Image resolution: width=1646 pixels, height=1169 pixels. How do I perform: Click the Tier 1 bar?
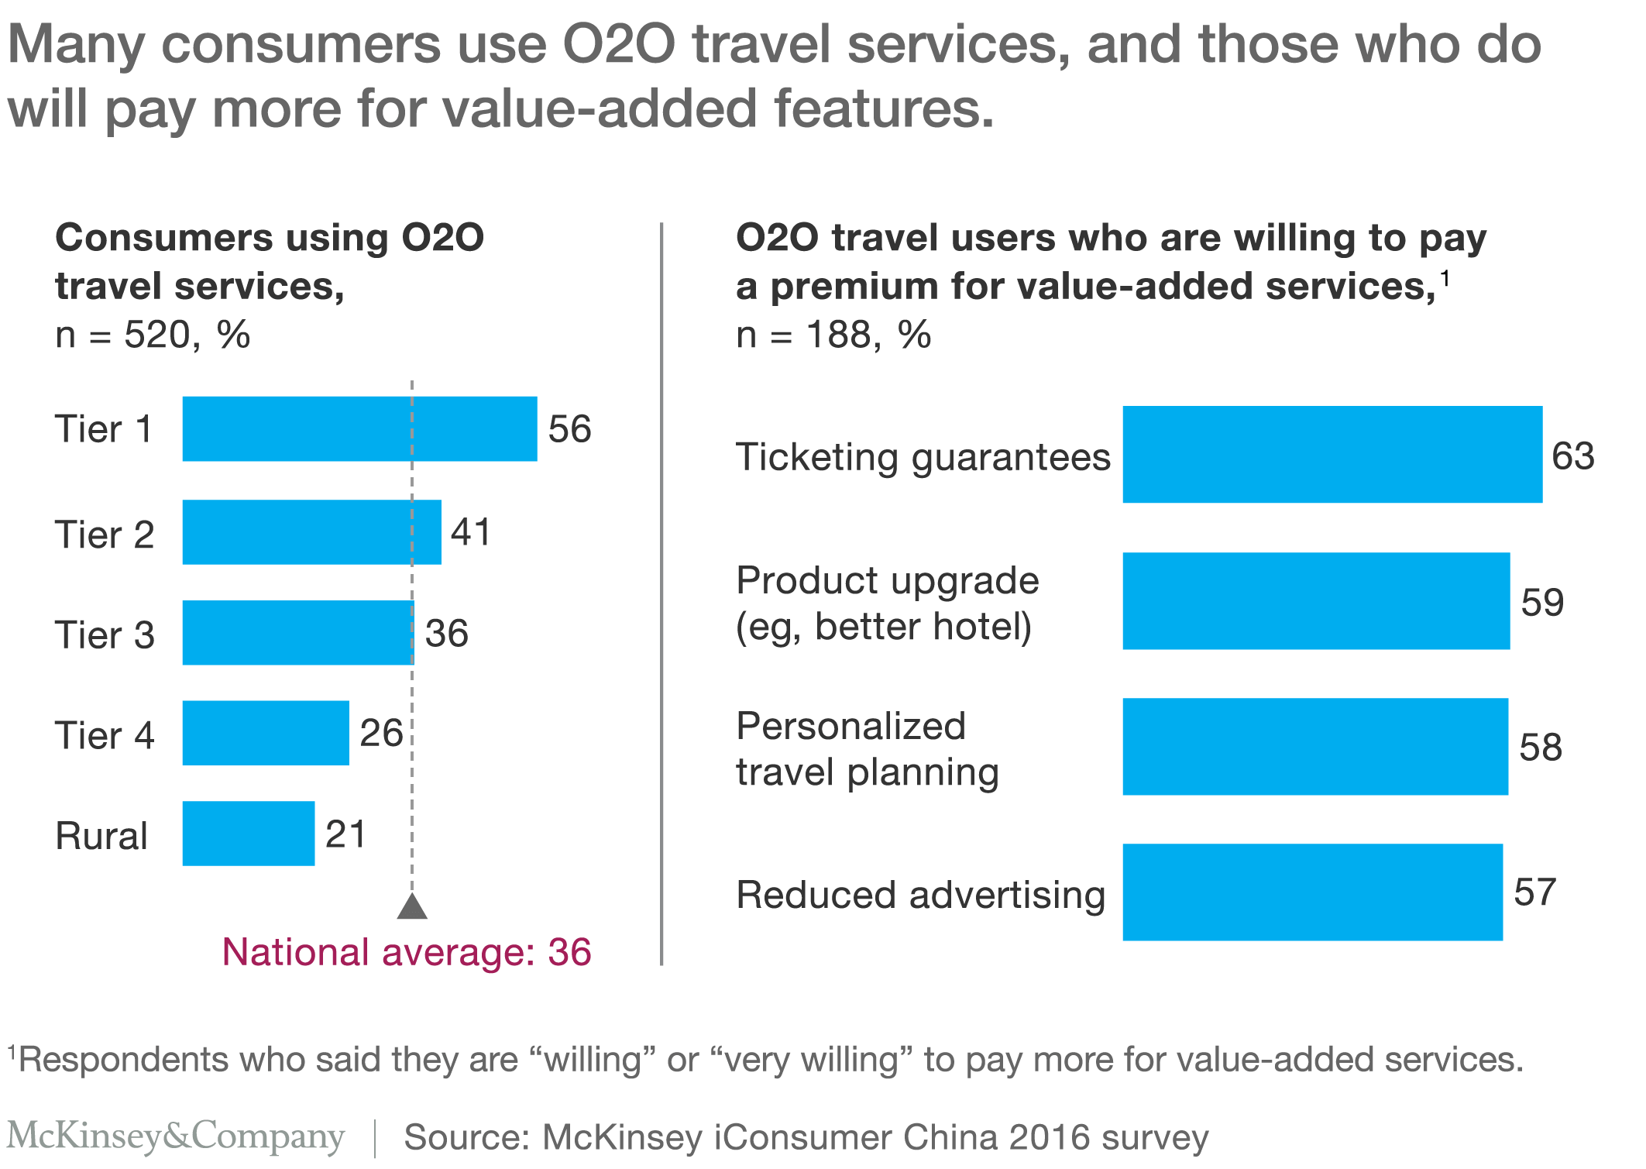pos(359,428)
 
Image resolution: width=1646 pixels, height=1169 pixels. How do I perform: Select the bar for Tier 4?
pos(266,733)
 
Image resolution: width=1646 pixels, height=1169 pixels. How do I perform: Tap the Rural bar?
pos(249,834)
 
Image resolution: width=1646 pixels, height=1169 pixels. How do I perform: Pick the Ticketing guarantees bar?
pos(1332,454)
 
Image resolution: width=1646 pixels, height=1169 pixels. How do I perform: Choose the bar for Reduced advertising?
pos(1312,892)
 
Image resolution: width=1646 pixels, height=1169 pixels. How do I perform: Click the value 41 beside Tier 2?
pos(471,532)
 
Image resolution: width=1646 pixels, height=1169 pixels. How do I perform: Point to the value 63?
pos(1572,456)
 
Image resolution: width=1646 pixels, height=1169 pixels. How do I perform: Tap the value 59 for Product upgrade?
pos(1542,602)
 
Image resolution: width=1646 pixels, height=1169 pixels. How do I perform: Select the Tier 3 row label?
pos(105,634)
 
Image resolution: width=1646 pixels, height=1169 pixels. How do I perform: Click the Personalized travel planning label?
pos(867,748)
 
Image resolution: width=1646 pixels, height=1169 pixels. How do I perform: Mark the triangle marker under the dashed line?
pos(412,906)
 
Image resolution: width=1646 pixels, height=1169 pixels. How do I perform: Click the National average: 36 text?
pos(407,952)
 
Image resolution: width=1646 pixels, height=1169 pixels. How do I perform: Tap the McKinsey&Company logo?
pos(175,1136)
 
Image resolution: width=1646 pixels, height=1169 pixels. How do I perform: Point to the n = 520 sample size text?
pos(153,335)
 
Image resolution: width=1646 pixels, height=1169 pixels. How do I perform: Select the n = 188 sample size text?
pos(833,335)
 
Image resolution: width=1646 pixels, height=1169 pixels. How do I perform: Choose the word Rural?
pos(101,836)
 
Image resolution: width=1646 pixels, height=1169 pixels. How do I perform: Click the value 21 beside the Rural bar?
pos(345,834)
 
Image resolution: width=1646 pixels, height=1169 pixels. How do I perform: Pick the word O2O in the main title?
pos(619,44)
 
